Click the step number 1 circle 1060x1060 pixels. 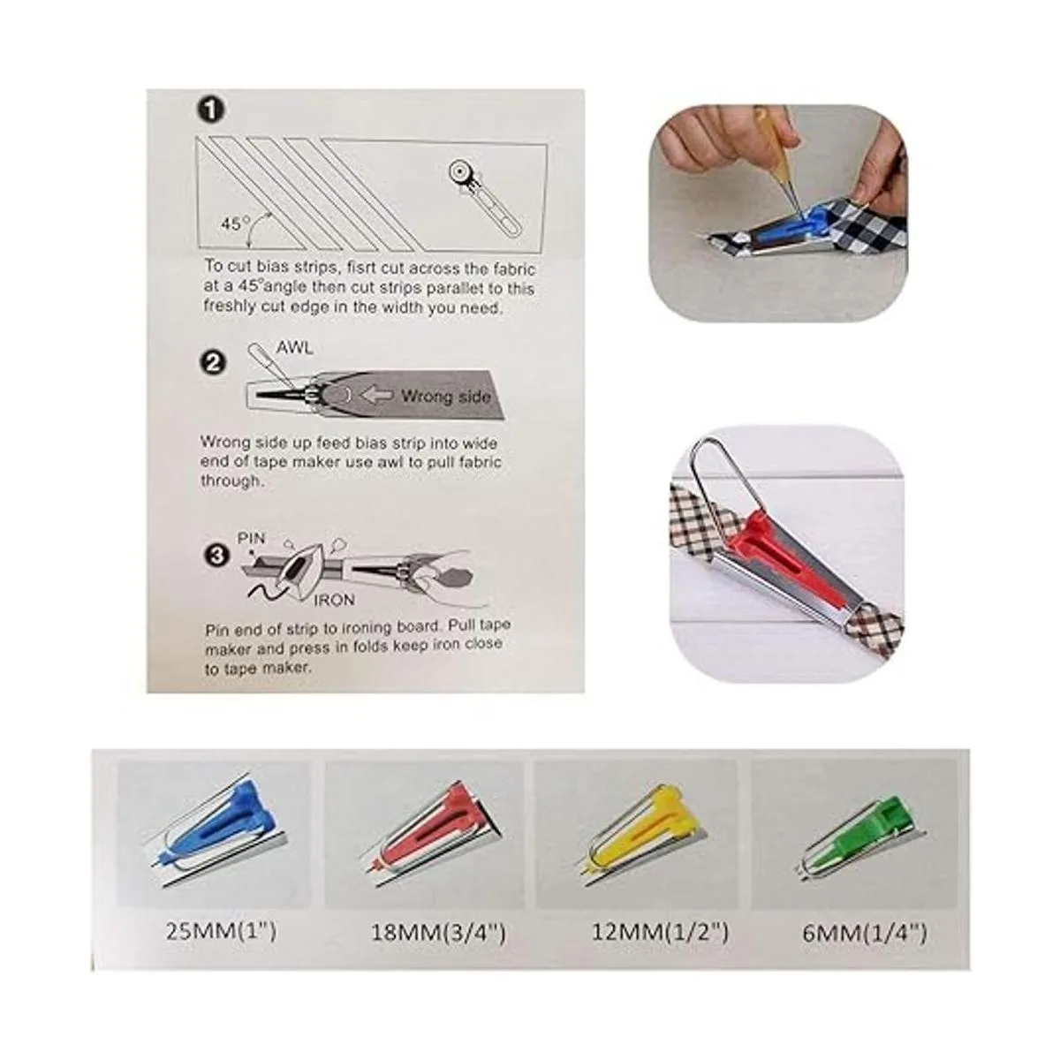coord(209,111)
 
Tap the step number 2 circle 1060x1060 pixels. coord(212,364)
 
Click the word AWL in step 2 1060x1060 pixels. coord(294,348)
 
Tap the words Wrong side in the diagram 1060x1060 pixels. coord(445,397)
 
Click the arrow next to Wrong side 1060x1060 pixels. coord(377,396)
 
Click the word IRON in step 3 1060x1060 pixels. coord(334,600)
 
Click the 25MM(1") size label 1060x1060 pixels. coord(221,932)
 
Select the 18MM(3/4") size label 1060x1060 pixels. coord(438,933)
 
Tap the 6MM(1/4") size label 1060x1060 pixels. coord(864,934)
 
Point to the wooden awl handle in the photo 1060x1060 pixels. coord(770,132)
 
